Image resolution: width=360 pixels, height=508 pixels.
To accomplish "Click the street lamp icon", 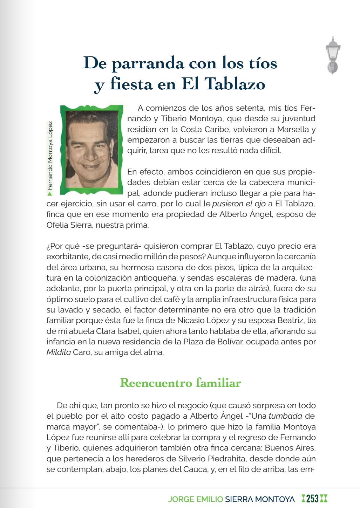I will point(333,55).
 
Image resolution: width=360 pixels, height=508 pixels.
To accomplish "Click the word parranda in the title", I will point(148,63).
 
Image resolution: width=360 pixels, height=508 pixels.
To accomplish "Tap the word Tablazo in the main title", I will point(235,84).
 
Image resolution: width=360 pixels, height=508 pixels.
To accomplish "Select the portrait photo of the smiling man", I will point(91,150).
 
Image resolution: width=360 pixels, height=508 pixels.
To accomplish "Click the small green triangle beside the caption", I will point(50,193).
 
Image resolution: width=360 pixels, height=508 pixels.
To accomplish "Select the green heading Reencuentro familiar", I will point(180,383).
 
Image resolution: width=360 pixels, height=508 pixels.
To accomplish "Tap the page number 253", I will point(312,499).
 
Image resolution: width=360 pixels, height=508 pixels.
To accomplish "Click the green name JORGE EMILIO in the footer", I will point(195,499).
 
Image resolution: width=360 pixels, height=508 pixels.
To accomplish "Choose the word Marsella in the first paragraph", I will point(293,129).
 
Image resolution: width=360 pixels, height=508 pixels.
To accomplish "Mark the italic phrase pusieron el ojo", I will point(239,204).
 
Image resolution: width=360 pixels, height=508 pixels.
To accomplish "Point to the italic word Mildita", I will point(59,352).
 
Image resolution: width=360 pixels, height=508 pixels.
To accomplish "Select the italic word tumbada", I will point(285,416).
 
